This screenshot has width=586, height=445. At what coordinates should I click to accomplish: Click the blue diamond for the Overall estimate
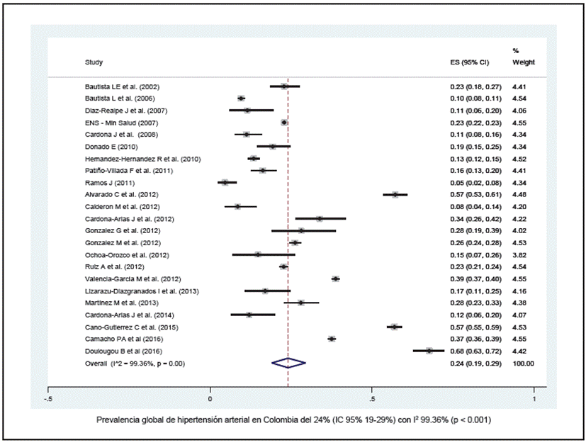pos(288,363)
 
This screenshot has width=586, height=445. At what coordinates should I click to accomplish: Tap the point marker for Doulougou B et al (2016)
pos(429,351)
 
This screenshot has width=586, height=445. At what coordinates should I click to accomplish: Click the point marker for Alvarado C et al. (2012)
pos(395,194)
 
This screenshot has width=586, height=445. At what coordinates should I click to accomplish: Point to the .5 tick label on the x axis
pos(372,400)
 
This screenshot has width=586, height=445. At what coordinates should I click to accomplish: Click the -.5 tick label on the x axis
pos(48,400)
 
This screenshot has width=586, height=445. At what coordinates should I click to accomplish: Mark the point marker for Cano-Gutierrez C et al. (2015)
pos(395,327)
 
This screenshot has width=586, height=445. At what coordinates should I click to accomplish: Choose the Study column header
pos(94,62)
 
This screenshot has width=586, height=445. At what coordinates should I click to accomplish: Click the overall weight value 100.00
pos(522,363)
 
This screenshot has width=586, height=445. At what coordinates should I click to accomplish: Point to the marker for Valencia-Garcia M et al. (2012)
pos(336,278)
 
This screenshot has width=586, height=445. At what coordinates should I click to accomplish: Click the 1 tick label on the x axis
pos(534,400)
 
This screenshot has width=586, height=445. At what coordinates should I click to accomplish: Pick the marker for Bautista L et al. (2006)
pos(242,98)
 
